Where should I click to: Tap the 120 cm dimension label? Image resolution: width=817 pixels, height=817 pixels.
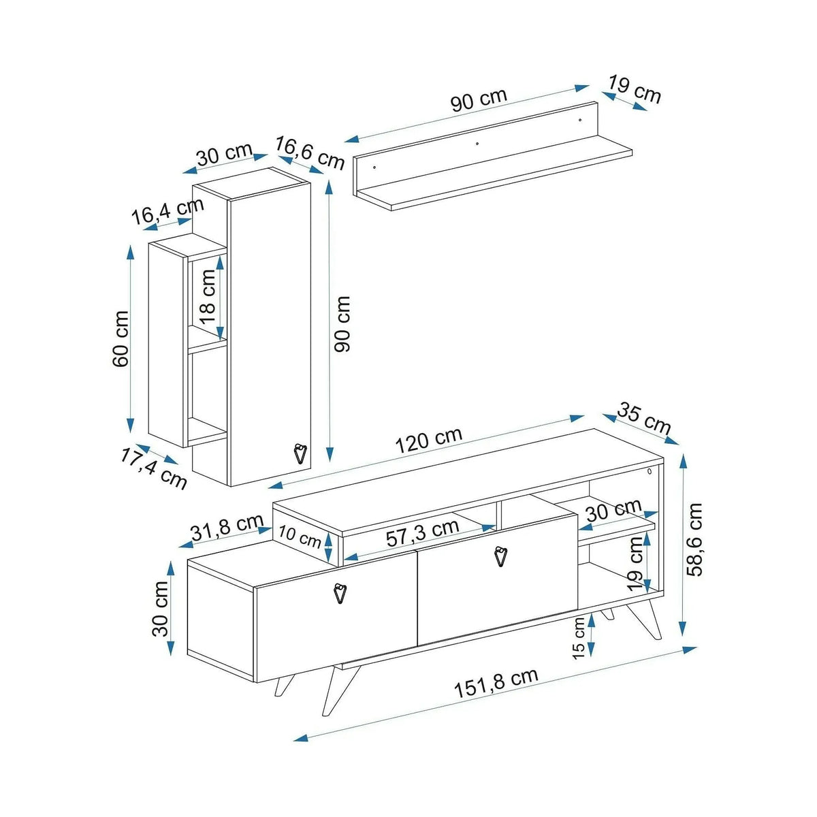point(429,440)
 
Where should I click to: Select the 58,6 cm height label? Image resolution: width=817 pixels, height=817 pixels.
point(694,539)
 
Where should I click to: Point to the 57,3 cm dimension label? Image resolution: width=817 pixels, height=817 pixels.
point(422,532)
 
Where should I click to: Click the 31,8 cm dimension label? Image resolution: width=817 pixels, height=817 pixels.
point(227,527)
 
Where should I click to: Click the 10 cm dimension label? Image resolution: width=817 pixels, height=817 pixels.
point(300,536)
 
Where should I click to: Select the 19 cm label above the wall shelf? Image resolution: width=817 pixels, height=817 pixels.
point(635,89)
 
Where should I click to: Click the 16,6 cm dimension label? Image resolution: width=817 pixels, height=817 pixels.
point(310,153)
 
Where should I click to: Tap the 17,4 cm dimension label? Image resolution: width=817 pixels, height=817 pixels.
point(153,468)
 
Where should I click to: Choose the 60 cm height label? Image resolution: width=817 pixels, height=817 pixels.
point(121,339)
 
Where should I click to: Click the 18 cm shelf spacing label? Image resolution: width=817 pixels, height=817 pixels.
point(208,297)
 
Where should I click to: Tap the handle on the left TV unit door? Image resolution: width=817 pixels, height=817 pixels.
point(339,593)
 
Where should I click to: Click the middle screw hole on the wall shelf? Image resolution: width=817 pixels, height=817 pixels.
point(477,144)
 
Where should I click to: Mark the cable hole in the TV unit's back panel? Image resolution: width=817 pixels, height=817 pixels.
point(650,471)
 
